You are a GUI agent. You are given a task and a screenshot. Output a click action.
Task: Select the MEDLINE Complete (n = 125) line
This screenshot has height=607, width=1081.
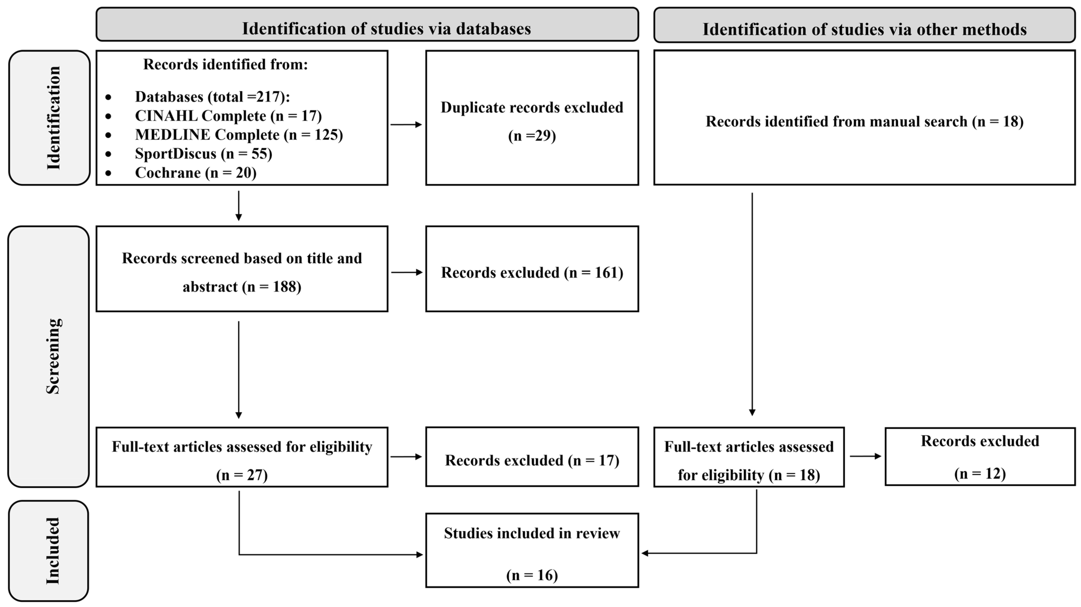(238, 135)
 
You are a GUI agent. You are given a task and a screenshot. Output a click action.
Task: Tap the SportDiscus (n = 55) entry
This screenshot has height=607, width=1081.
(203, 154)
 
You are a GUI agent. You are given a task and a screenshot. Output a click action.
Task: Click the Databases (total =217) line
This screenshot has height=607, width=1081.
(212, 97)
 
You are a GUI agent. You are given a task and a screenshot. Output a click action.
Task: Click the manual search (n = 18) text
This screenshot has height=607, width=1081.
(865, 121)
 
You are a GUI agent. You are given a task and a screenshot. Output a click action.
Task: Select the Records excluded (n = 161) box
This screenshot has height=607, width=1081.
(532, 272)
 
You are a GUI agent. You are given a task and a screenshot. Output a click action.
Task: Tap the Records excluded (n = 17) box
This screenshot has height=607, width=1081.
(532, 460)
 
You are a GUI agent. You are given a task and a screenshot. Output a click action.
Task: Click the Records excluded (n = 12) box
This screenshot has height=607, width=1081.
(980, 457)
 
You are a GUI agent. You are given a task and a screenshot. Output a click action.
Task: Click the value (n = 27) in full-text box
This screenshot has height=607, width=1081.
(242, 475)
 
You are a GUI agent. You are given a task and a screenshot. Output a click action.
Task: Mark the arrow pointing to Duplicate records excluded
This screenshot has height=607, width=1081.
(406, 124)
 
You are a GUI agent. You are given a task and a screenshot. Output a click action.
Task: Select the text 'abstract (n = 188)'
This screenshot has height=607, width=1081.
(242, 287)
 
